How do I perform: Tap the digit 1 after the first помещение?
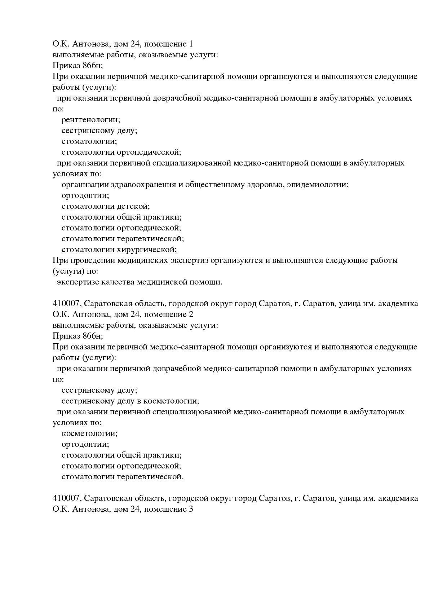191,44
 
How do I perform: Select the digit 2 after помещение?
191,314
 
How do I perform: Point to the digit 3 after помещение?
191,509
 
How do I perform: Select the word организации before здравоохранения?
85,185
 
